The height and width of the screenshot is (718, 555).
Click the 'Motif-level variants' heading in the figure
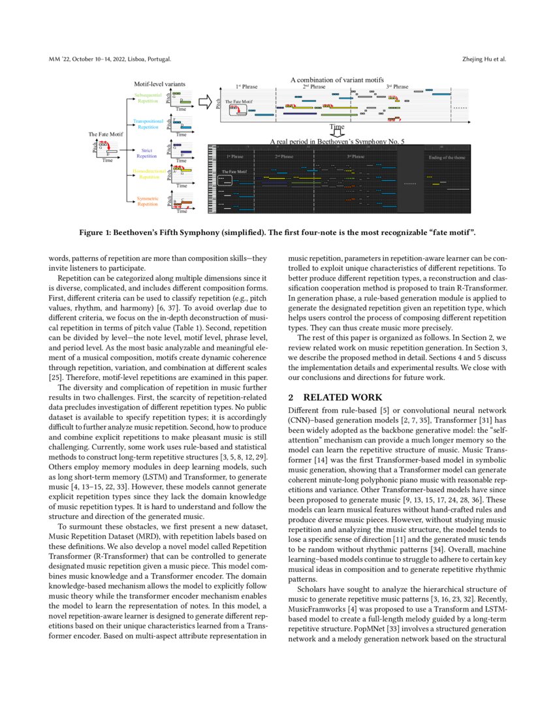[x=159, y=84]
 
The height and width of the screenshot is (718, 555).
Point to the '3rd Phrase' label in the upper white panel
[x=397, y=86]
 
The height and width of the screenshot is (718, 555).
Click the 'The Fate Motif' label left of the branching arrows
[x=106, y=134]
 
